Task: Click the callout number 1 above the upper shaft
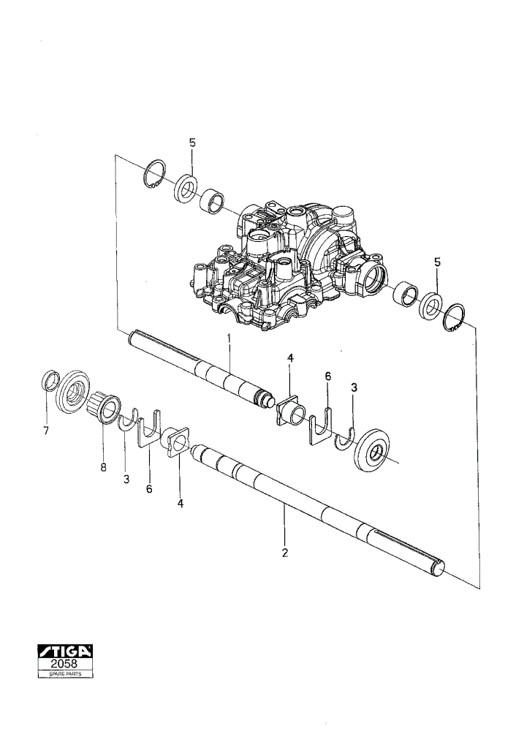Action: point(229,338)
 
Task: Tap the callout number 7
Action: point(46,431)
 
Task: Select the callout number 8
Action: point(104,466)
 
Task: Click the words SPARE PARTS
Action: point(65,674)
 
